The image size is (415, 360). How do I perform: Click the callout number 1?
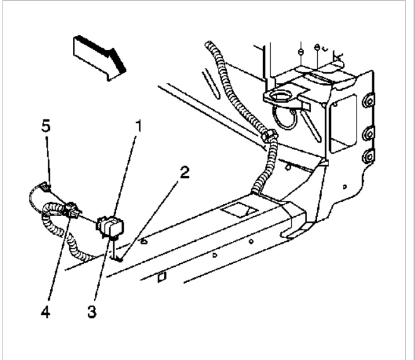[138, 124]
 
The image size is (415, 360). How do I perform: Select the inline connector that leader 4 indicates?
[69, 209]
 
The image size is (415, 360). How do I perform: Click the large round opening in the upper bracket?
[281, 97]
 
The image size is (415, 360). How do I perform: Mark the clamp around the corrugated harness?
[268, 135]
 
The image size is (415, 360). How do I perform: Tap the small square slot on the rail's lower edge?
[161, 275]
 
